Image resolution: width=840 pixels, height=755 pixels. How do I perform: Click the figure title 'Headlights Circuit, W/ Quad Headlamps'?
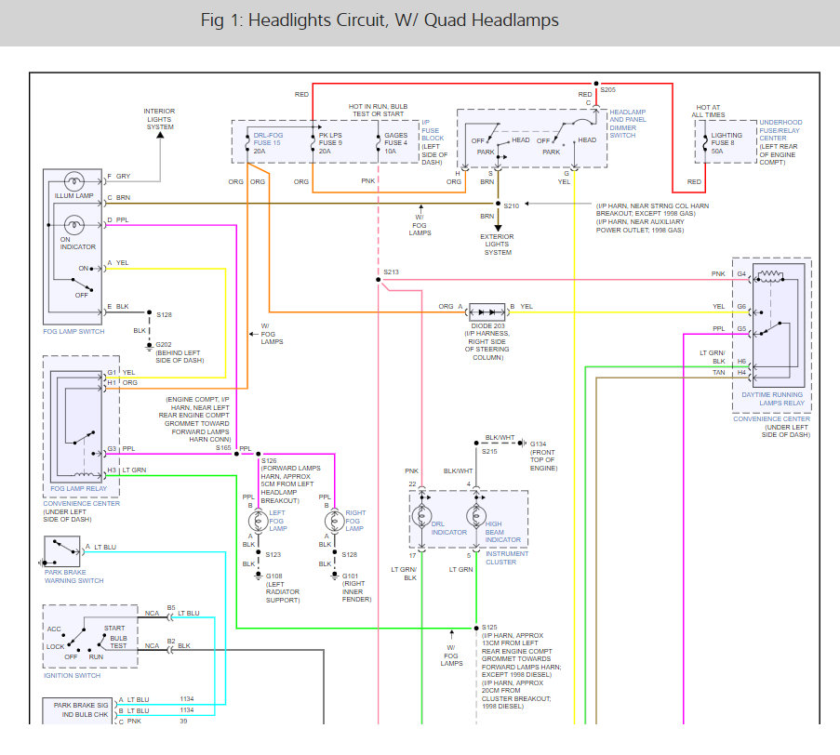pyautogui.click(x=403, y=20)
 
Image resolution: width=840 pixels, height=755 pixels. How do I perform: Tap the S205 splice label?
pyautogui.click(x=607, y=90)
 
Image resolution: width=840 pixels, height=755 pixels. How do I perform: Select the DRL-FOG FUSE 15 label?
pyautogui.click(x=267, y=139)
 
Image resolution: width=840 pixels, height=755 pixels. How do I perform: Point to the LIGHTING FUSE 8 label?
pyautogui.click(x=727, y=139)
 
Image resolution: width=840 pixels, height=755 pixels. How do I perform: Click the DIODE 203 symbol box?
pyautogui.click(x=487, y=311)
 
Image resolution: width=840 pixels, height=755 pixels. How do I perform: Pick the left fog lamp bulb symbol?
pyautogui.click(x=259, y=521)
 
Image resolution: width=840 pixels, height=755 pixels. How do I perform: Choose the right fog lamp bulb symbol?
pyautogui.click(x=334, y=521)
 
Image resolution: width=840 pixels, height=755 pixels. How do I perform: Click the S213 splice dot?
pyautogui.click(x=379, y=280)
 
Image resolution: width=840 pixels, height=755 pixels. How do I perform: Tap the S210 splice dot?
pyautogui.click(x=498, y=204)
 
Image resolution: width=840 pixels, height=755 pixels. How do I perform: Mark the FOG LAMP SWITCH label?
pyautogui.click(x=73, y=331)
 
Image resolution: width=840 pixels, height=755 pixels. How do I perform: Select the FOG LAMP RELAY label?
pyautogui.click(x=79, y=488)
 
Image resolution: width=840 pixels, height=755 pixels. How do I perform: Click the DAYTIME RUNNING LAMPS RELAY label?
pyautogui.click(x=772, y=399)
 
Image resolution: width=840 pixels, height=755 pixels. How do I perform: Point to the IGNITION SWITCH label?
pyautogui.click(x=72, y=676)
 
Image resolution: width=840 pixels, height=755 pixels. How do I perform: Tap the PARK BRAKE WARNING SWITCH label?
pyautogui.click(x=73, y=576)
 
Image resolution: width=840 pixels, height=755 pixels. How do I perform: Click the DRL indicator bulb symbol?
pyautogui.click(x=421, y=516)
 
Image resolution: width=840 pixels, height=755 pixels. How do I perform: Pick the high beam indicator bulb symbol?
pyautogui.click(x=476, y=516)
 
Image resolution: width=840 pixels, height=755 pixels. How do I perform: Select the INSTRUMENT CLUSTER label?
pyautogui.click(x=507, y=558)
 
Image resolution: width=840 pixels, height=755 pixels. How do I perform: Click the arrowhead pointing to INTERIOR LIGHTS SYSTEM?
pyautogui.click(x=160, y=135)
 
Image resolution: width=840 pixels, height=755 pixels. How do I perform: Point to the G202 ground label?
pyautogui.click(x=164, y=344)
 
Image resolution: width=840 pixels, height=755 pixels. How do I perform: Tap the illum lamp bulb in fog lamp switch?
pyautogui.click(x=73, y=182)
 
